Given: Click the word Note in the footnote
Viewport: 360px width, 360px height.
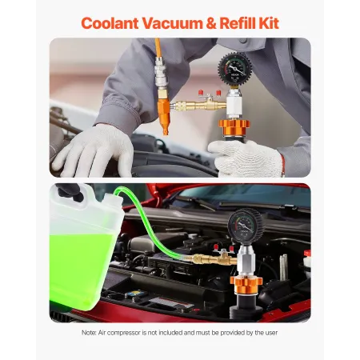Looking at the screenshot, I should tap(90, 333).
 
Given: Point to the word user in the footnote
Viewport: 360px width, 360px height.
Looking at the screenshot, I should tap(270, 333).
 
